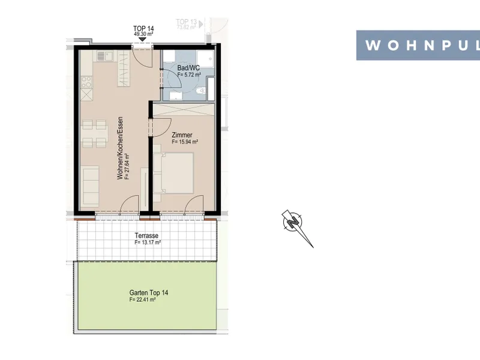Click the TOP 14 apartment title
click(143, 28)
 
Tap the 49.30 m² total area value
click(143, 34)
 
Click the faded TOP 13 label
click(186, 22)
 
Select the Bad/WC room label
click(188, 68)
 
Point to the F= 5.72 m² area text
click(189, 74)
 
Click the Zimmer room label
click(182, 134)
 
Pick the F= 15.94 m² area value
click(185, 142)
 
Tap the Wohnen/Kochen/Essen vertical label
click(120, 148)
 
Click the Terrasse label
click(146, 235)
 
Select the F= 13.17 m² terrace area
click(148, 242)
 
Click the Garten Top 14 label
click(148, 293)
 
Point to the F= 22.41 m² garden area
click(142, 299)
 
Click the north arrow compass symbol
click(296, 227)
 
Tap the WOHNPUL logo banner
click(418, 46)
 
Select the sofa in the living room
click(91, 185)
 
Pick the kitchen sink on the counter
click(105, 56)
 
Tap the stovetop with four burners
click(86, 82)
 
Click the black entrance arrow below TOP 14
click(143, 39)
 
